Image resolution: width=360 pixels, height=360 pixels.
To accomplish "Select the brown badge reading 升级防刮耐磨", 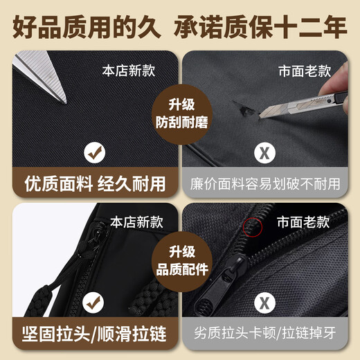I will [179, 114].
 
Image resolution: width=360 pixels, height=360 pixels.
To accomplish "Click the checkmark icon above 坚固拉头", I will [95, 303].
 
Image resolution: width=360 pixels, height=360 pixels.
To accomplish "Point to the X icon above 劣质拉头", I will [265, 303].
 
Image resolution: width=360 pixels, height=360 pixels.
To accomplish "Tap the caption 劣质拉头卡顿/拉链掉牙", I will [266, 334].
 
